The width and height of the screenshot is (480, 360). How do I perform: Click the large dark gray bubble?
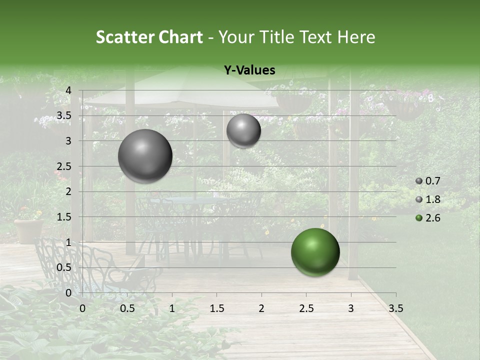pyautogui.click(x=145, y=156)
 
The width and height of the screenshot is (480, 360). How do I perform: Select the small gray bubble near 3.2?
pyautogui.click(x=243, y=130)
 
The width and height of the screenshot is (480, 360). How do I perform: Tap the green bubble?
pyautogui.click(x=315, y=252)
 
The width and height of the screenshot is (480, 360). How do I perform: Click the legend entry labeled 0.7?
pyautogui.click(x=432, y=181)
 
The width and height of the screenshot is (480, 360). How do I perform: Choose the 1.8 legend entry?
pyautogui.click(x=432, y=199)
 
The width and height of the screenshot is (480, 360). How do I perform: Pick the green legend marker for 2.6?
pyautogui.click(x=419, y=218)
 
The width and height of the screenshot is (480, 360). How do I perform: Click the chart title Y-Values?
pyautogui.click(x=249, y=70)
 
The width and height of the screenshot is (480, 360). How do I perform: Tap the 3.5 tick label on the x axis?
pyautogui.click(x=395, y=308)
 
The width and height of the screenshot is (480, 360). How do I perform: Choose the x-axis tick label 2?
pyautogui.click(x=261, y=308)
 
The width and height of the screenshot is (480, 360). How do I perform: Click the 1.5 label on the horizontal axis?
pyautogui.click(x=216, y=308)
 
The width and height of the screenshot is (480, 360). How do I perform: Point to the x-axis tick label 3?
pyautogui.click(x=351, y=308)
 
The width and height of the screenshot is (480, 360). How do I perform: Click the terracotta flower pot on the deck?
pyautogui.click(x=28, y=230)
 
